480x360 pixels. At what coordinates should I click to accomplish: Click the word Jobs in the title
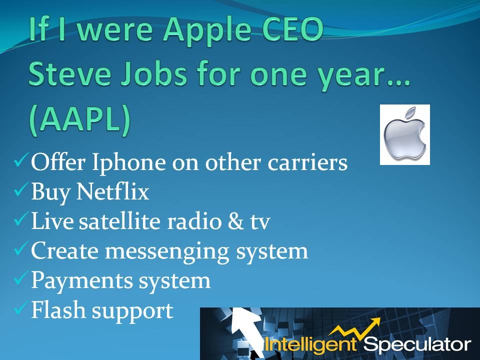click(153, 74)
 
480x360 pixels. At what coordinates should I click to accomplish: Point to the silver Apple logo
click(404, 135)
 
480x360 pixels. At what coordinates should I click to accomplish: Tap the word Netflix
click(112, 192)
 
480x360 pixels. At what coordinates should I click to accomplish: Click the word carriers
click(307, 162)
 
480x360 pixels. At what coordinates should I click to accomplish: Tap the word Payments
click(82, 280)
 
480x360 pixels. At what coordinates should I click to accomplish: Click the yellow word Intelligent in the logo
click(310, 344)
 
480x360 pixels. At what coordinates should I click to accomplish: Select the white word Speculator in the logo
click(417, 344)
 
